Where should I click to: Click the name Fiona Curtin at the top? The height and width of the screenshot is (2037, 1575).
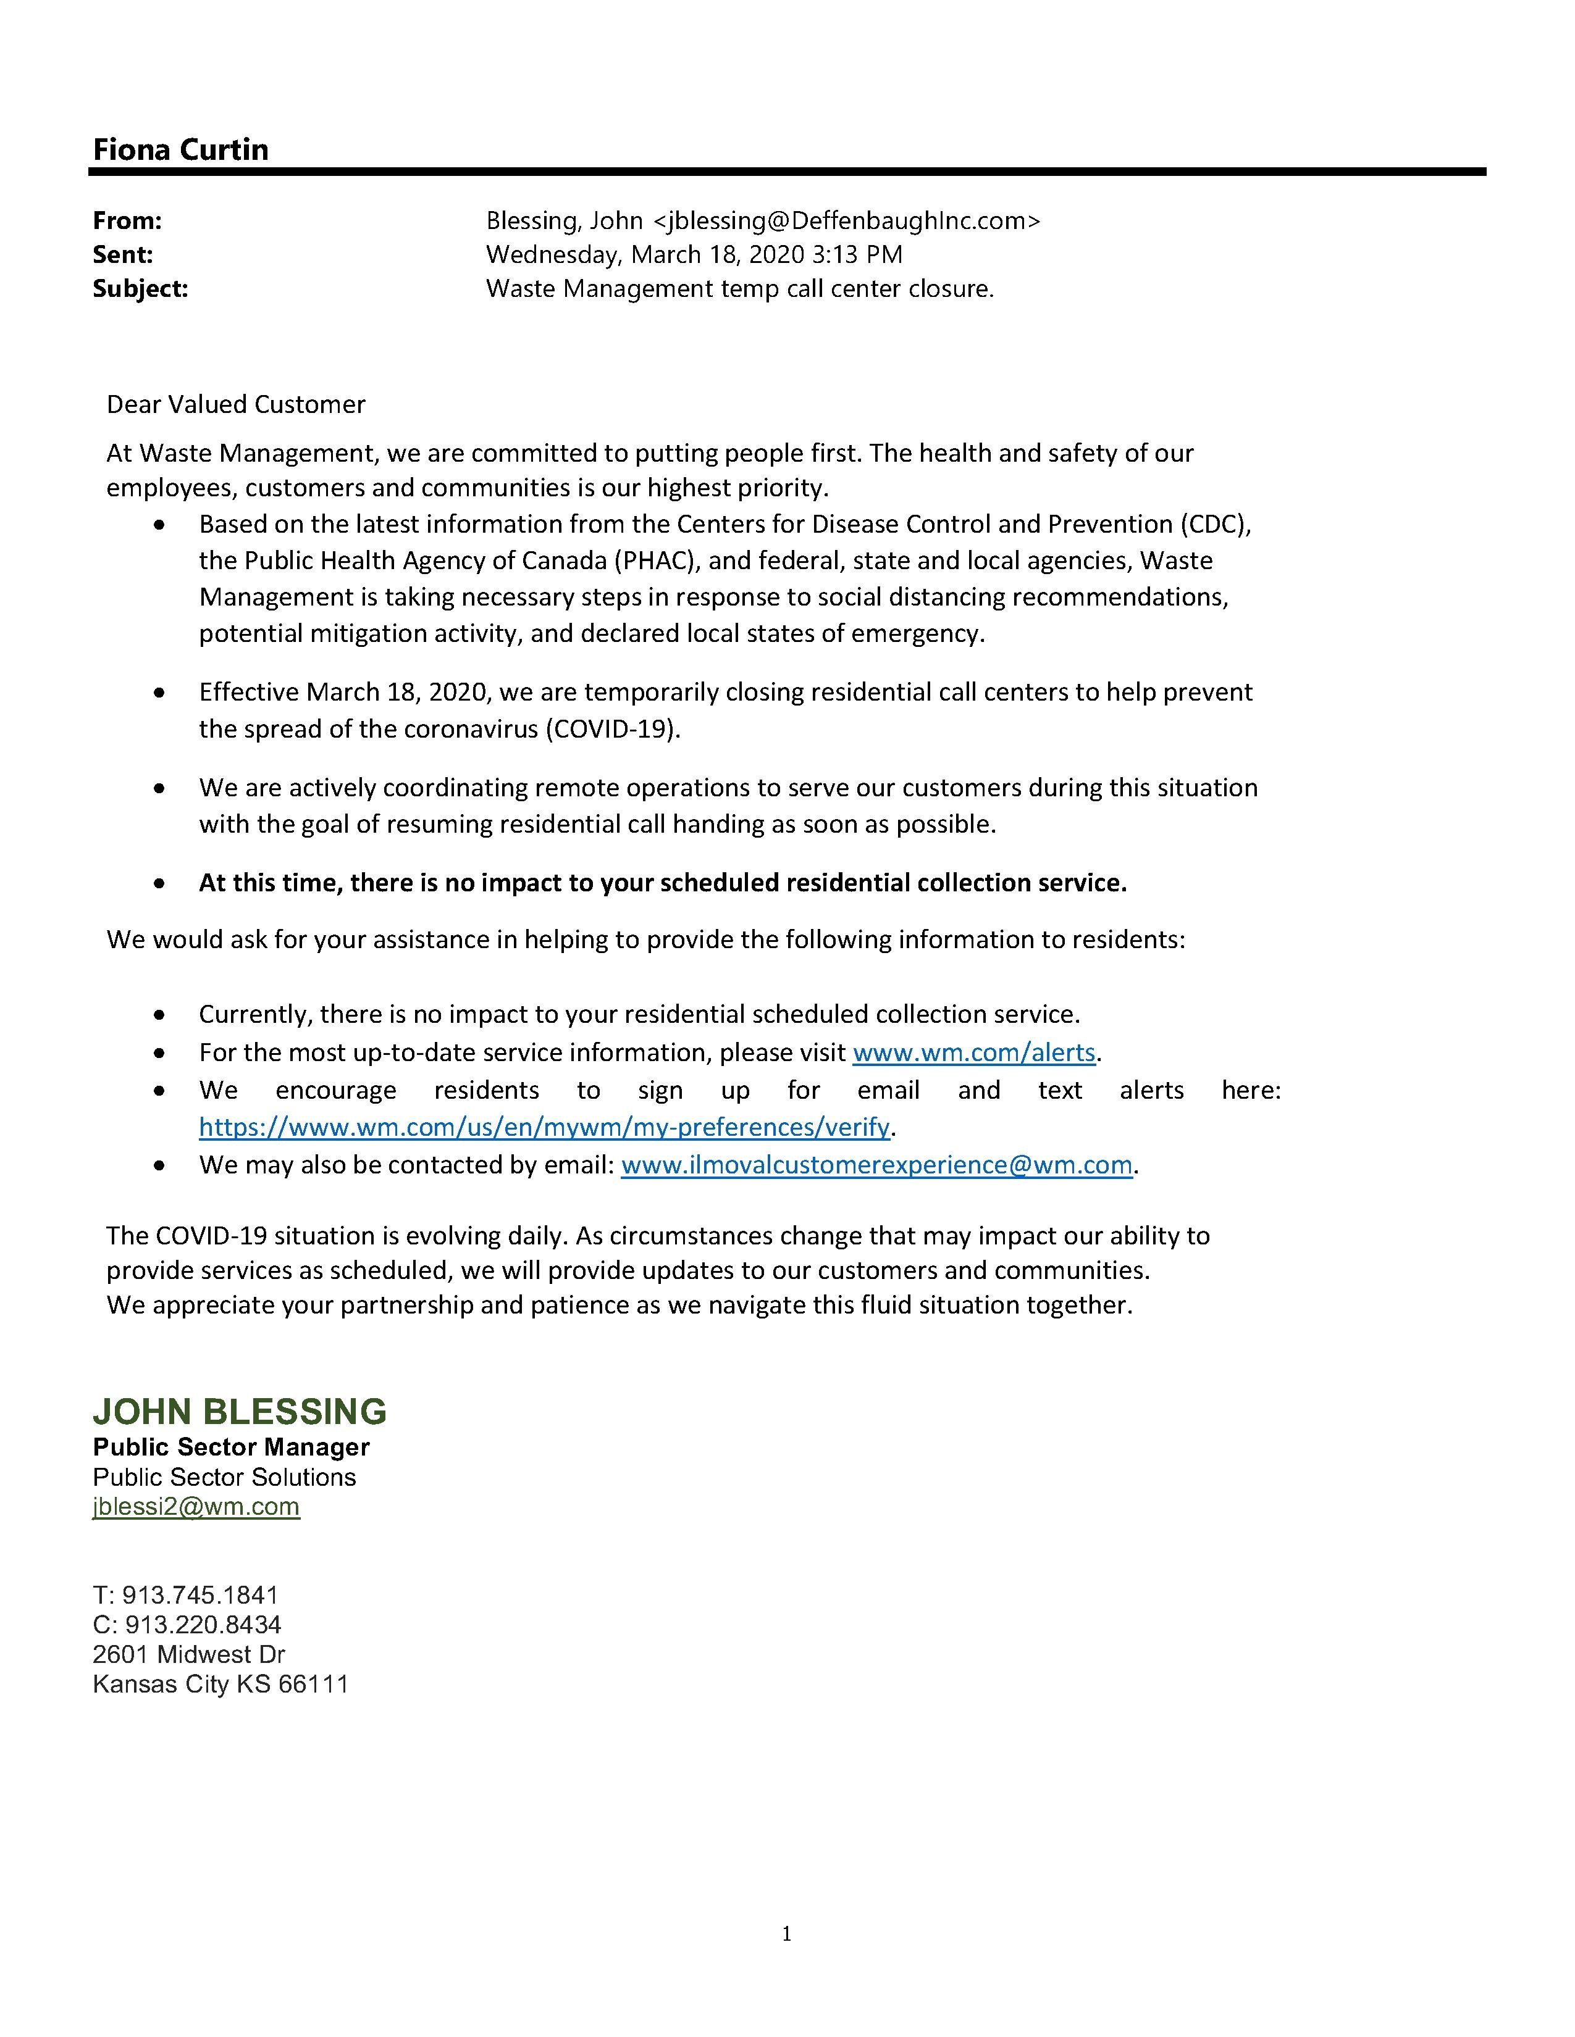tap(180, 149)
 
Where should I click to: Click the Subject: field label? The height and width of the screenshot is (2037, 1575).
tap(140, 289)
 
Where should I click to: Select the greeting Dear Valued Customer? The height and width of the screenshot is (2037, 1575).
tap(235, 405)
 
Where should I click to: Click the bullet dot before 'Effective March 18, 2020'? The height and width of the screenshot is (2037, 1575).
tap(161, 693)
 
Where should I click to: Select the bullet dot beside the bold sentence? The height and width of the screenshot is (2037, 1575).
tap(161, 883)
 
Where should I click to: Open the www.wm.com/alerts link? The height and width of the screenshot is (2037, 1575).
tap(973, 1053)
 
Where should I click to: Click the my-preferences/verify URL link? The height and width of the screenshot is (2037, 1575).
tap(544, 1128)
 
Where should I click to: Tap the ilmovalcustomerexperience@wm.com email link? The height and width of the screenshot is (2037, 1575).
tap(876, 1166)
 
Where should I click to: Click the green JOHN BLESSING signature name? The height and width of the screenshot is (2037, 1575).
tap(239, 1412)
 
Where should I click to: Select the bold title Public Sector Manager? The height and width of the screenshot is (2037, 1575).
tap(230, 1448)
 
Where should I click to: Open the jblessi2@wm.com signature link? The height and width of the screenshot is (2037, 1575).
tap(196, 1507)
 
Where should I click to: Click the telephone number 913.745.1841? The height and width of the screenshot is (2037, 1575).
tap(201, 1596)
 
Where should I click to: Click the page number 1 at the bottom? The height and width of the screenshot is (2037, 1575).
tap(786, 1935)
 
